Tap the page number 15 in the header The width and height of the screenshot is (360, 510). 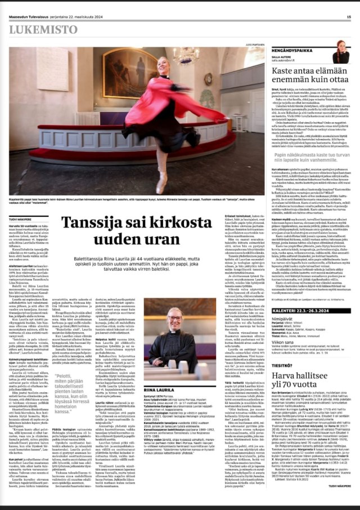coord(349,17)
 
